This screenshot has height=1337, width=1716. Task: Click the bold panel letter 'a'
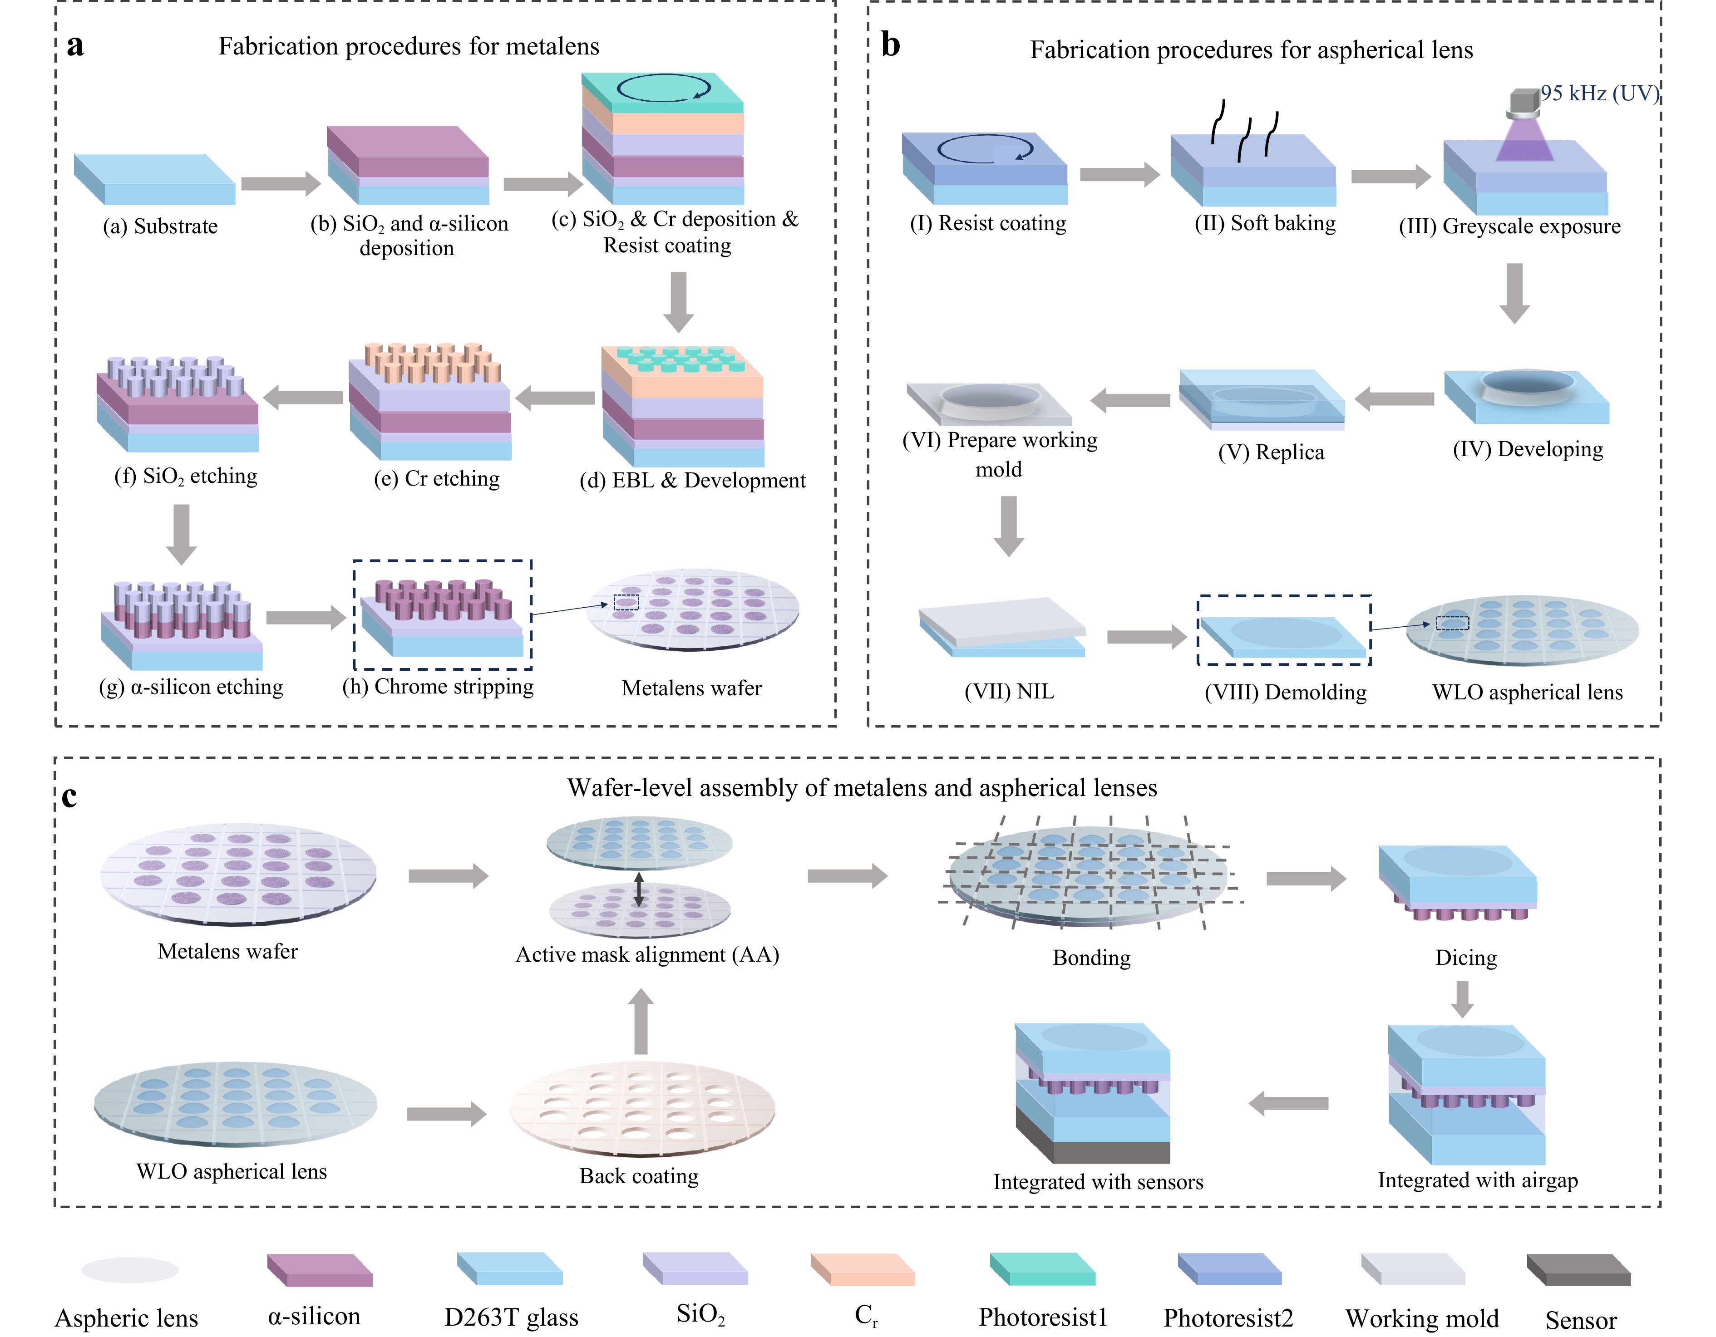coord(75,45)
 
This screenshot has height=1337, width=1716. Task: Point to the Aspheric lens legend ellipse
coord(130,1269)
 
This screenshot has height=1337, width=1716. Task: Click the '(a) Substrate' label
coord(160,226)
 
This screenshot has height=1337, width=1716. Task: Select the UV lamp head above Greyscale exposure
coord(1524,102)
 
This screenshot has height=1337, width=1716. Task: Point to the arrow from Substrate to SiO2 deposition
coord(281,184)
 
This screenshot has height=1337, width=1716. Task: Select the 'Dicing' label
coord(1466,958)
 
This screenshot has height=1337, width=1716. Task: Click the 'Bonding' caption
coord(1091,958)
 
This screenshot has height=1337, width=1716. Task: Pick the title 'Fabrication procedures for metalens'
coord(409,46)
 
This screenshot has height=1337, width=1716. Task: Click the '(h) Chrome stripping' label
coord(438,687)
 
